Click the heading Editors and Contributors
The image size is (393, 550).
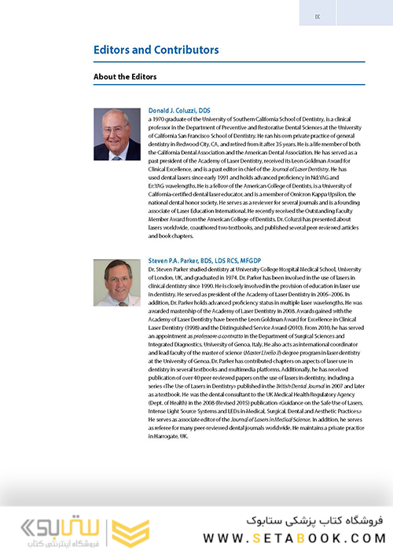tap(156, 49)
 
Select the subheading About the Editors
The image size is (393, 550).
tap(125, 76)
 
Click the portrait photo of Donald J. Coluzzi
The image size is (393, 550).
tap(117, 134)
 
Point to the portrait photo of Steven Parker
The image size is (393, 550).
tap(117, 284)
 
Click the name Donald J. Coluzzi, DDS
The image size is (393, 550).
tap(179, 111)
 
